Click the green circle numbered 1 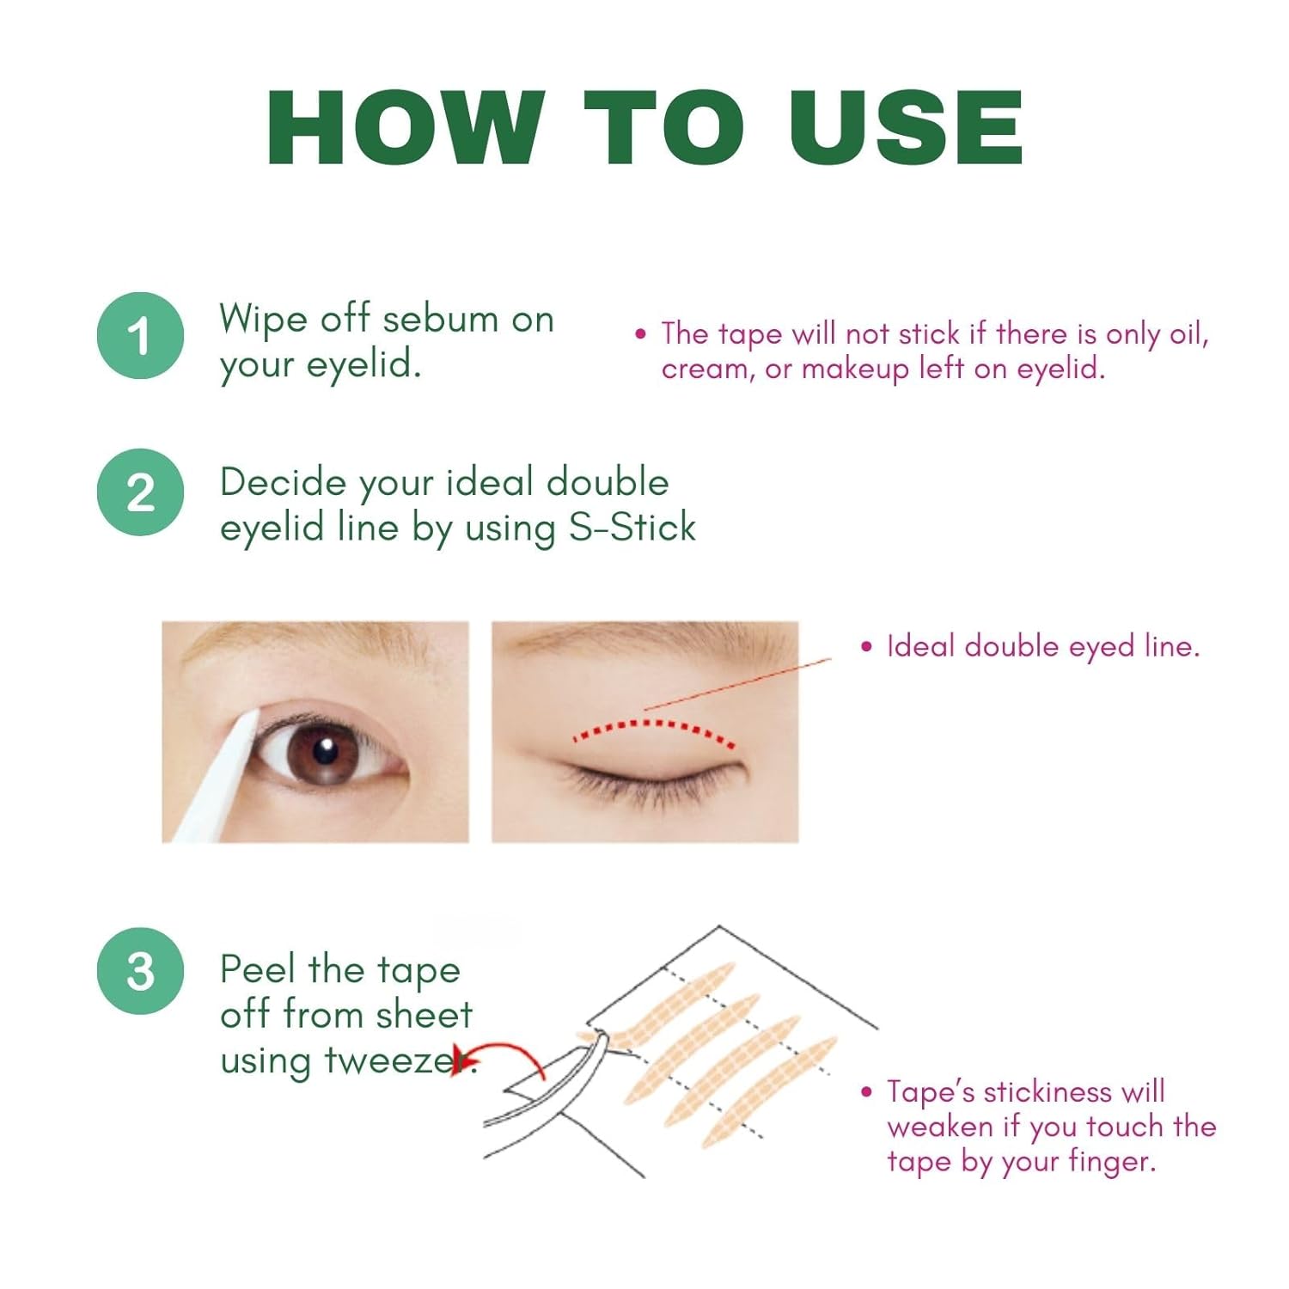140,335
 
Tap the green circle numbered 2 140,492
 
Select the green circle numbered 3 140,971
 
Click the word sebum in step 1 441,319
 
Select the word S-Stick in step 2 632,527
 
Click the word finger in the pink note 1111,1163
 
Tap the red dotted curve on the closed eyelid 653,727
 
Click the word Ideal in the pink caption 921,645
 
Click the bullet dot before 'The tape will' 640,333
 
